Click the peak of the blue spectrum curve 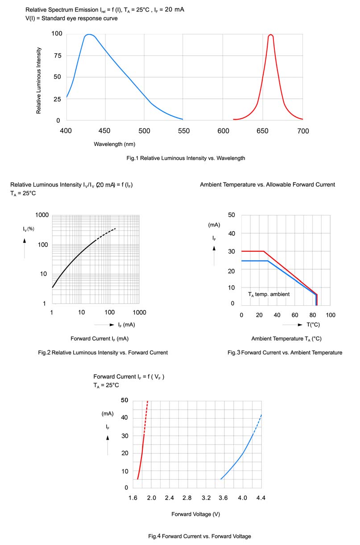[89, 34]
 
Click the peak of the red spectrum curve [270, 35]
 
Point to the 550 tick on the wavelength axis [183, 131]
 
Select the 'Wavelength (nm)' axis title [115, 144]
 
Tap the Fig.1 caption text [186, 158]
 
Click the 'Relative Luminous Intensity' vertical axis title [39, 80]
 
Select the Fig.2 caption [103, 353]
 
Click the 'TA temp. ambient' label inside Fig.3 [269, 294]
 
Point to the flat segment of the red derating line [252, 251]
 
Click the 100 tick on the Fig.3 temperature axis [331, 315]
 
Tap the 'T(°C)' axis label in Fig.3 [313, 325]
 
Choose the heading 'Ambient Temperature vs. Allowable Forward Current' [267, 184]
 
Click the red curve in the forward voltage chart [142, 451]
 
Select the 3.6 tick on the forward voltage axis [223, 498]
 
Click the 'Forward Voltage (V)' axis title [195, 514]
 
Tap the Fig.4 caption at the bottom [199, 536]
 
